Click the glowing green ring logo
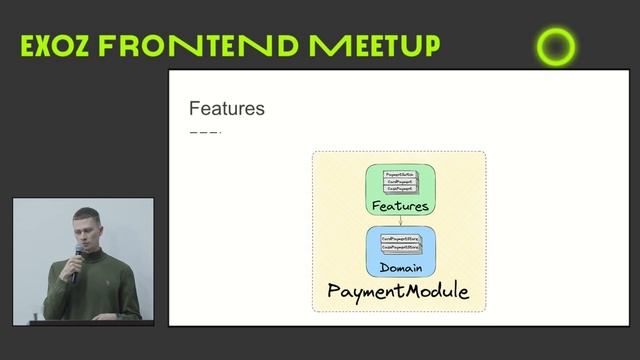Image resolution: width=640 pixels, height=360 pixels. click(x=556, y=47)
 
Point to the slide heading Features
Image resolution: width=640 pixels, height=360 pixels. click(x=227, y=108)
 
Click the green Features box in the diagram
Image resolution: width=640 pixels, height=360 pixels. click(x=399, y=191)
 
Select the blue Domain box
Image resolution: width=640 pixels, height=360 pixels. click(x=399, y=252)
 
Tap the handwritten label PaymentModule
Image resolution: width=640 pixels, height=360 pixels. click(x=399, y=292)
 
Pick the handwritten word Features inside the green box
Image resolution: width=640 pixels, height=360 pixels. click(x=399, y=206)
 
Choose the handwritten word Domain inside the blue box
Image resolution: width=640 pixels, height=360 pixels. click(x=399, y=268)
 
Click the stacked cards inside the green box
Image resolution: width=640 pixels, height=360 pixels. click(x=399, y=182)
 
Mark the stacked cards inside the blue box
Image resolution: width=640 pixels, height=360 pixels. click(x=399, y=243)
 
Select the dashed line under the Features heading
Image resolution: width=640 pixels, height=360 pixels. click(x=205, y=132)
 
